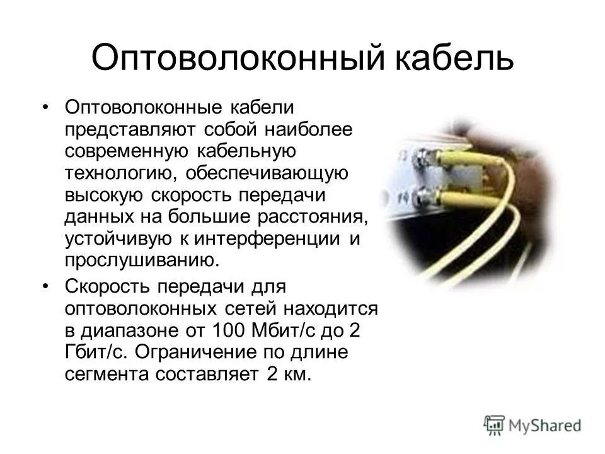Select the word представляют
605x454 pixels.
[130, 129]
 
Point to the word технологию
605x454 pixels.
[120, 172]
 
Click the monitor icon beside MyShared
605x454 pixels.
[494, 424]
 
